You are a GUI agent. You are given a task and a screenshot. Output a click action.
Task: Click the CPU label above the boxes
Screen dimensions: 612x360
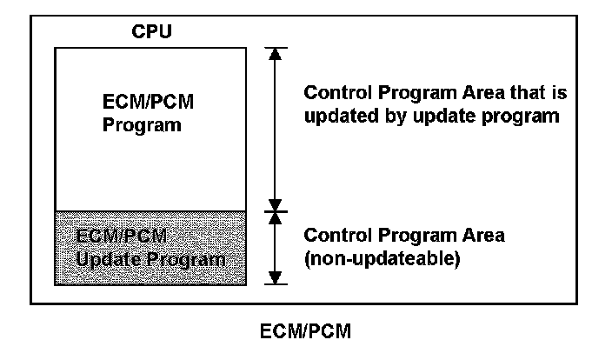pyautogui.click(x=151, y=32)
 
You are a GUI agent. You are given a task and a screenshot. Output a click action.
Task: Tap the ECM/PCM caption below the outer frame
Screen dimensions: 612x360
pyautogui.click(x=305, y=331)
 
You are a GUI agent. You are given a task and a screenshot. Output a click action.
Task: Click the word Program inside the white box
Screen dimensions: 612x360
pyautogui.click(x=142, y=124)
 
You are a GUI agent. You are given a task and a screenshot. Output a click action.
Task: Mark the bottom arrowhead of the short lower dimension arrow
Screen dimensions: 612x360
pyautogui.click(x=276, y=277)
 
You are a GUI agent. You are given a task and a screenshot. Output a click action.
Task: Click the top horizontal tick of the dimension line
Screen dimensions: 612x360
pyautogui.click(x=276, y=47)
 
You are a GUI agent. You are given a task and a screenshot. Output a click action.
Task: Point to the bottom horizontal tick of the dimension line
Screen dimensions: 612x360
pyautogui.click(x=276, y=284)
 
